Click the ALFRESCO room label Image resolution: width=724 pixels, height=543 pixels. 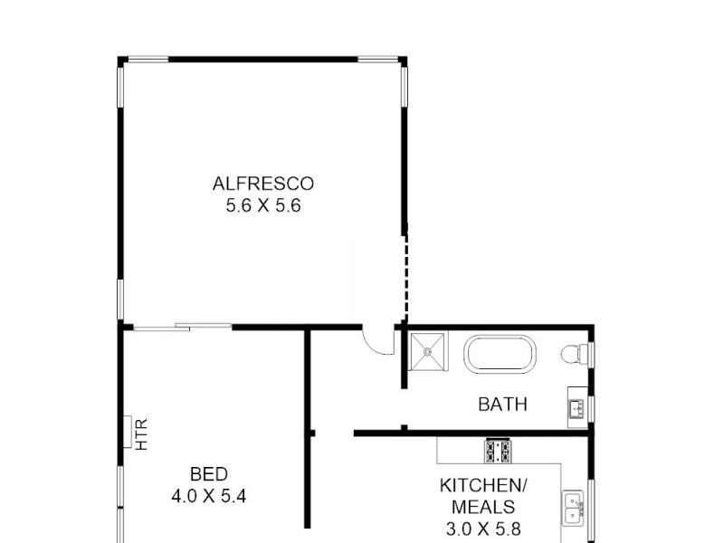(262, 184)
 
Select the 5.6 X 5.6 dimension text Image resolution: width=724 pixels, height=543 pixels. (262, 205)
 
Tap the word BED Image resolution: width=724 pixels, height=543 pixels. (208, 473)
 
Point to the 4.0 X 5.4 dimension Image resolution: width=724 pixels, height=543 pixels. (208, 495)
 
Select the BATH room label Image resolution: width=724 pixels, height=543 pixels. (502, 405)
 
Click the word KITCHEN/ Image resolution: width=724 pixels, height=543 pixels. (483, 485)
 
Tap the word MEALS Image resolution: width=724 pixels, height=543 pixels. (483, 507)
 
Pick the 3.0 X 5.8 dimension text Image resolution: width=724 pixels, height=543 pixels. (483, 529)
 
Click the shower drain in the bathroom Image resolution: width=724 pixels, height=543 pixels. (429, 352)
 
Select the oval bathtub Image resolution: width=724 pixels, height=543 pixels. (500, 354)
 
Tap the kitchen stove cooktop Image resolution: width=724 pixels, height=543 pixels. (498, 449)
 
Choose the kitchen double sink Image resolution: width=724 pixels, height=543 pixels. (573, 509)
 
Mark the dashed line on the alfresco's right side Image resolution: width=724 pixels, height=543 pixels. (405, 276)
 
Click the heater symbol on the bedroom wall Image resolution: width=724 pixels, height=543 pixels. (128, 432)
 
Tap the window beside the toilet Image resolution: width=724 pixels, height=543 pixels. (591, 354)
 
